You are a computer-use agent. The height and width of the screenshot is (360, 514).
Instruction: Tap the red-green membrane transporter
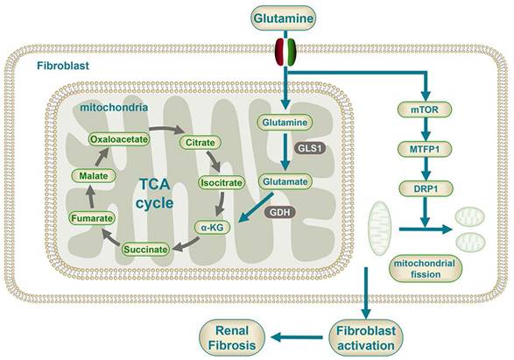285,51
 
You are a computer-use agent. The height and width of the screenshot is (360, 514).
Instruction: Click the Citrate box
196,141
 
